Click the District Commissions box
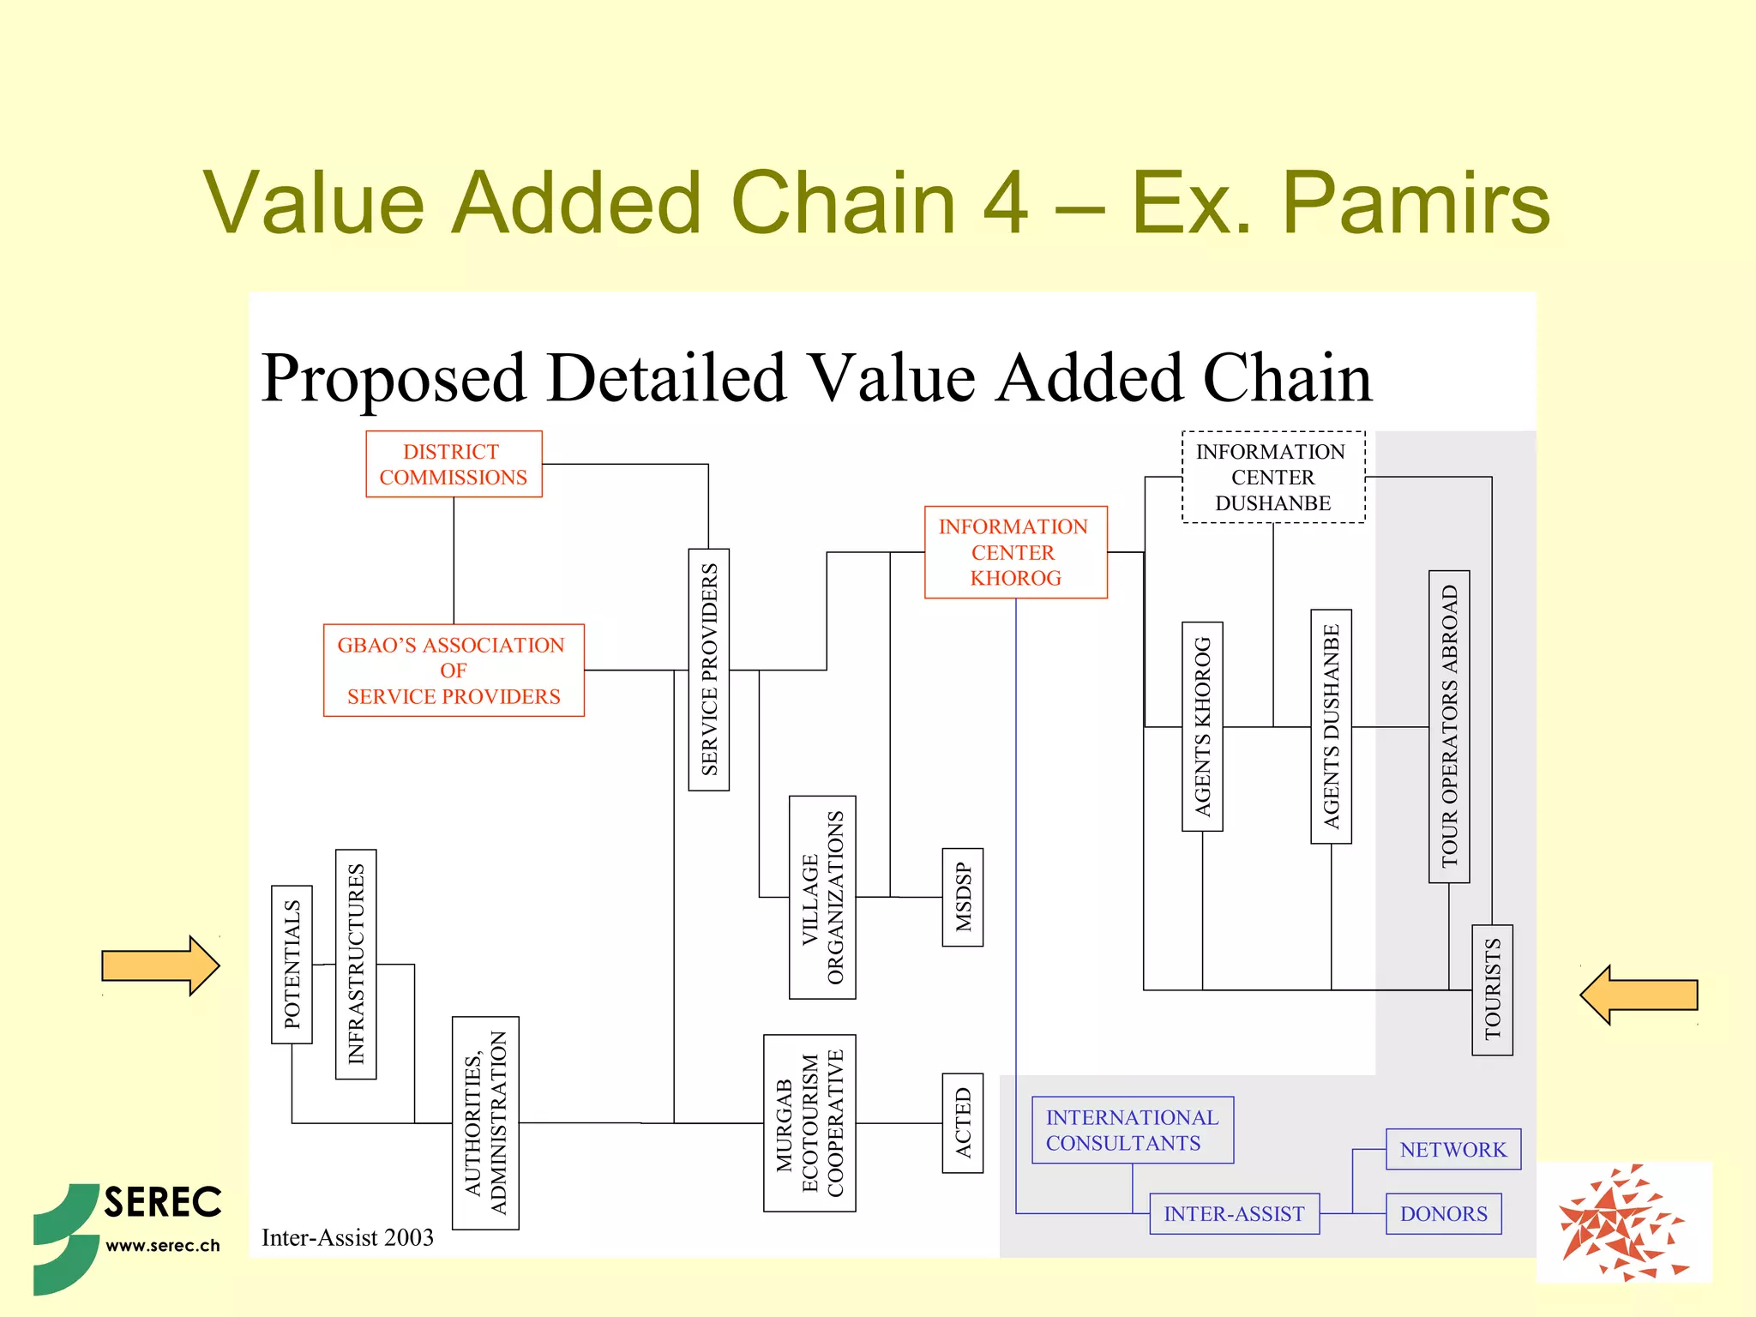(x=454, y=464)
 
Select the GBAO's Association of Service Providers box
(x=454, y=671)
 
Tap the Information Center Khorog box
(x=1015, y=552)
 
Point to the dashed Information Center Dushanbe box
(x=1273, y=477)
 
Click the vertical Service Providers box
(x=709, y=670)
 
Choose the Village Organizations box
(x=822, y=897)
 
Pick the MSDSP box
(x=963, y=897)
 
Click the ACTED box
(x=963, y=1122)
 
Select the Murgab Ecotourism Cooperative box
(x=809, y=1122)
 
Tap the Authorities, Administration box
(x=485, y=1122)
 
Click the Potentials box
(x=292, y=964)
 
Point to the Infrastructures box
(x=356, y=964)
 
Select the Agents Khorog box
(x=1202, y=726)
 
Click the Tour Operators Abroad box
(x=1449, y=726)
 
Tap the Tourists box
(x=1492, y=989)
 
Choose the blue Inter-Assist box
(x=1234, y=1213)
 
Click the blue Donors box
(x=1443, y=1213)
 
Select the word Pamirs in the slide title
(x=1416, y=202)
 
